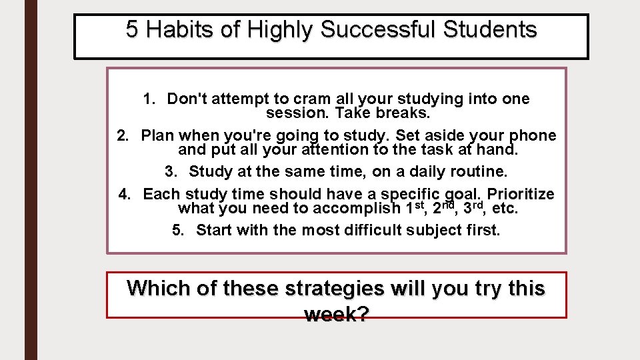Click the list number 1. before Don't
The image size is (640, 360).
coord(149,99)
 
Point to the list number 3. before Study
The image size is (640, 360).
coord(171,172)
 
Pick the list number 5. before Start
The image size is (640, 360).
coord(179,231)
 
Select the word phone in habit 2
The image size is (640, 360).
coord(530,136)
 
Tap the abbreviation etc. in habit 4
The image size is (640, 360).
coord(505,208)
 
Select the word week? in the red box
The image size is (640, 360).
coord(336,314)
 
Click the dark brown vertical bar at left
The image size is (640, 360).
coord(31,180)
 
